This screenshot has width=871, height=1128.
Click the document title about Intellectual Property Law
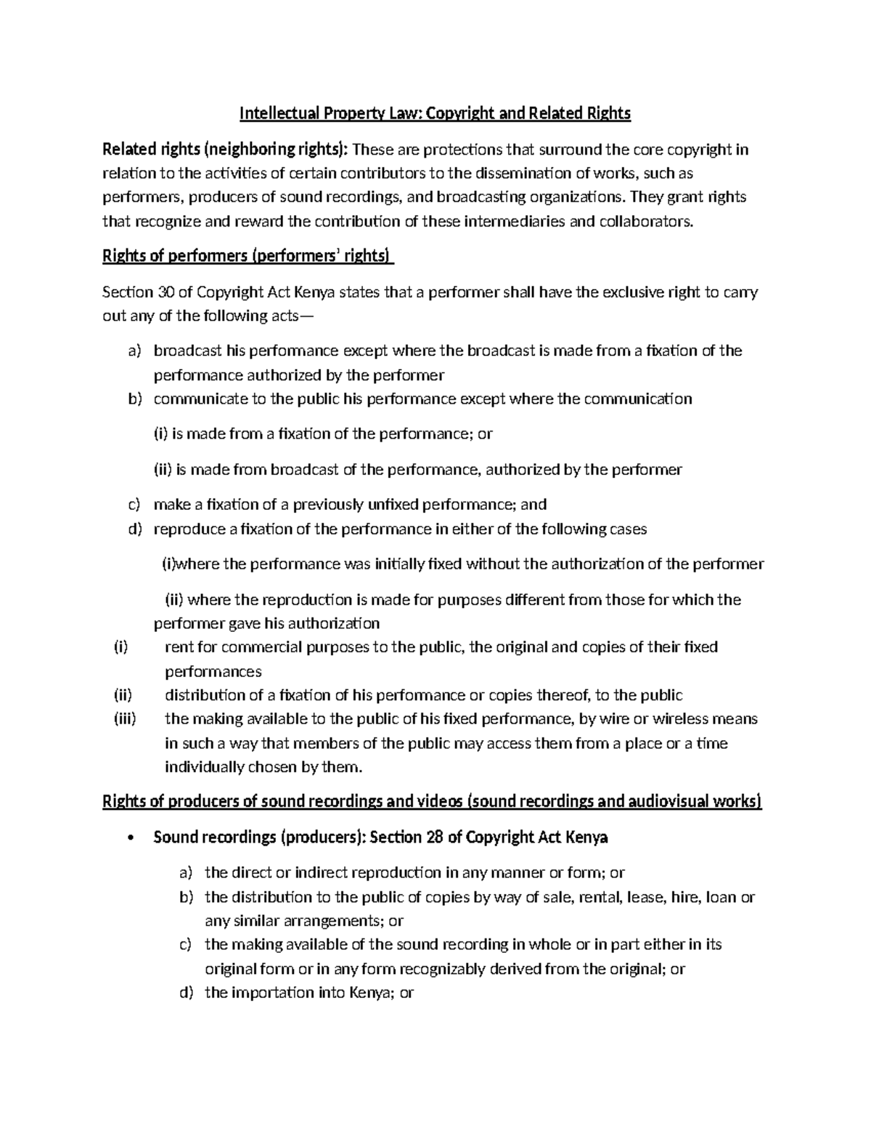(435, 113)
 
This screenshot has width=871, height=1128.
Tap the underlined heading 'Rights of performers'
(248, 256)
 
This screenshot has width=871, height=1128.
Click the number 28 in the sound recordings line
(434, 837)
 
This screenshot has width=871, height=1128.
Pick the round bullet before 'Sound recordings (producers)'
(130, 837)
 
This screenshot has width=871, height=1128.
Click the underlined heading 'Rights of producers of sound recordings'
(433, 802)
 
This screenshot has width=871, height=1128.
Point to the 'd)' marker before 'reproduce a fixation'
(135, 529)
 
